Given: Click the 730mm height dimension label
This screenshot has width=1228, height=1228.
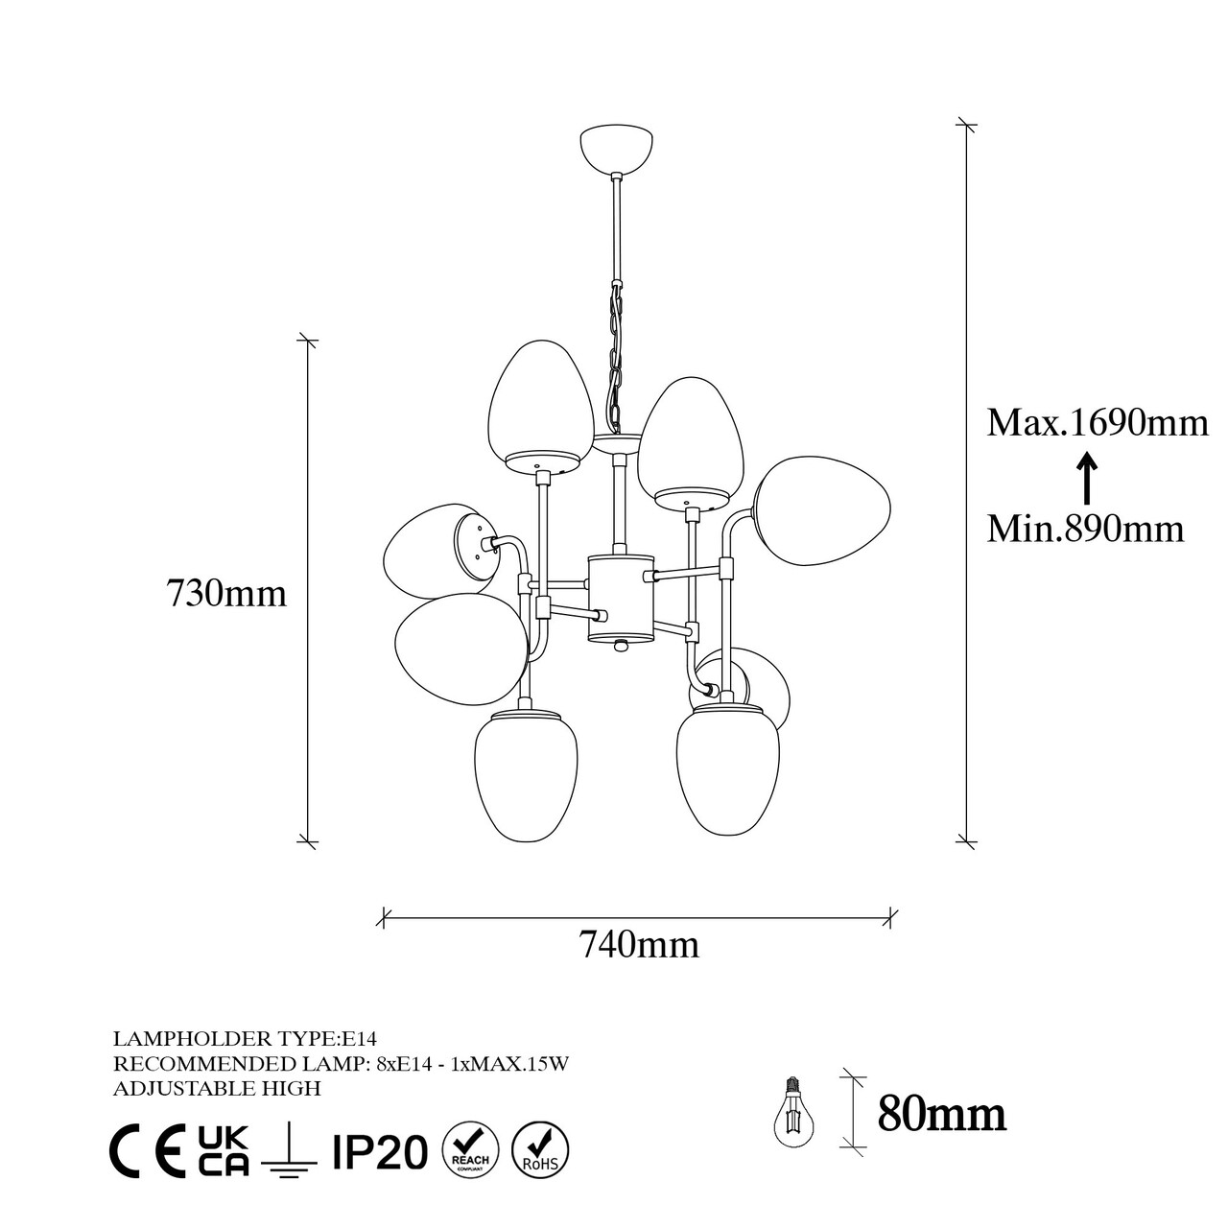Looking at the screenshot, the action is (x=226, y=593).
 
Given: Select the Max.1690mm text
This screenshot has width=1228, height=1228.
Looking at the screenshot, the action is (x=1098, y=422).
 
